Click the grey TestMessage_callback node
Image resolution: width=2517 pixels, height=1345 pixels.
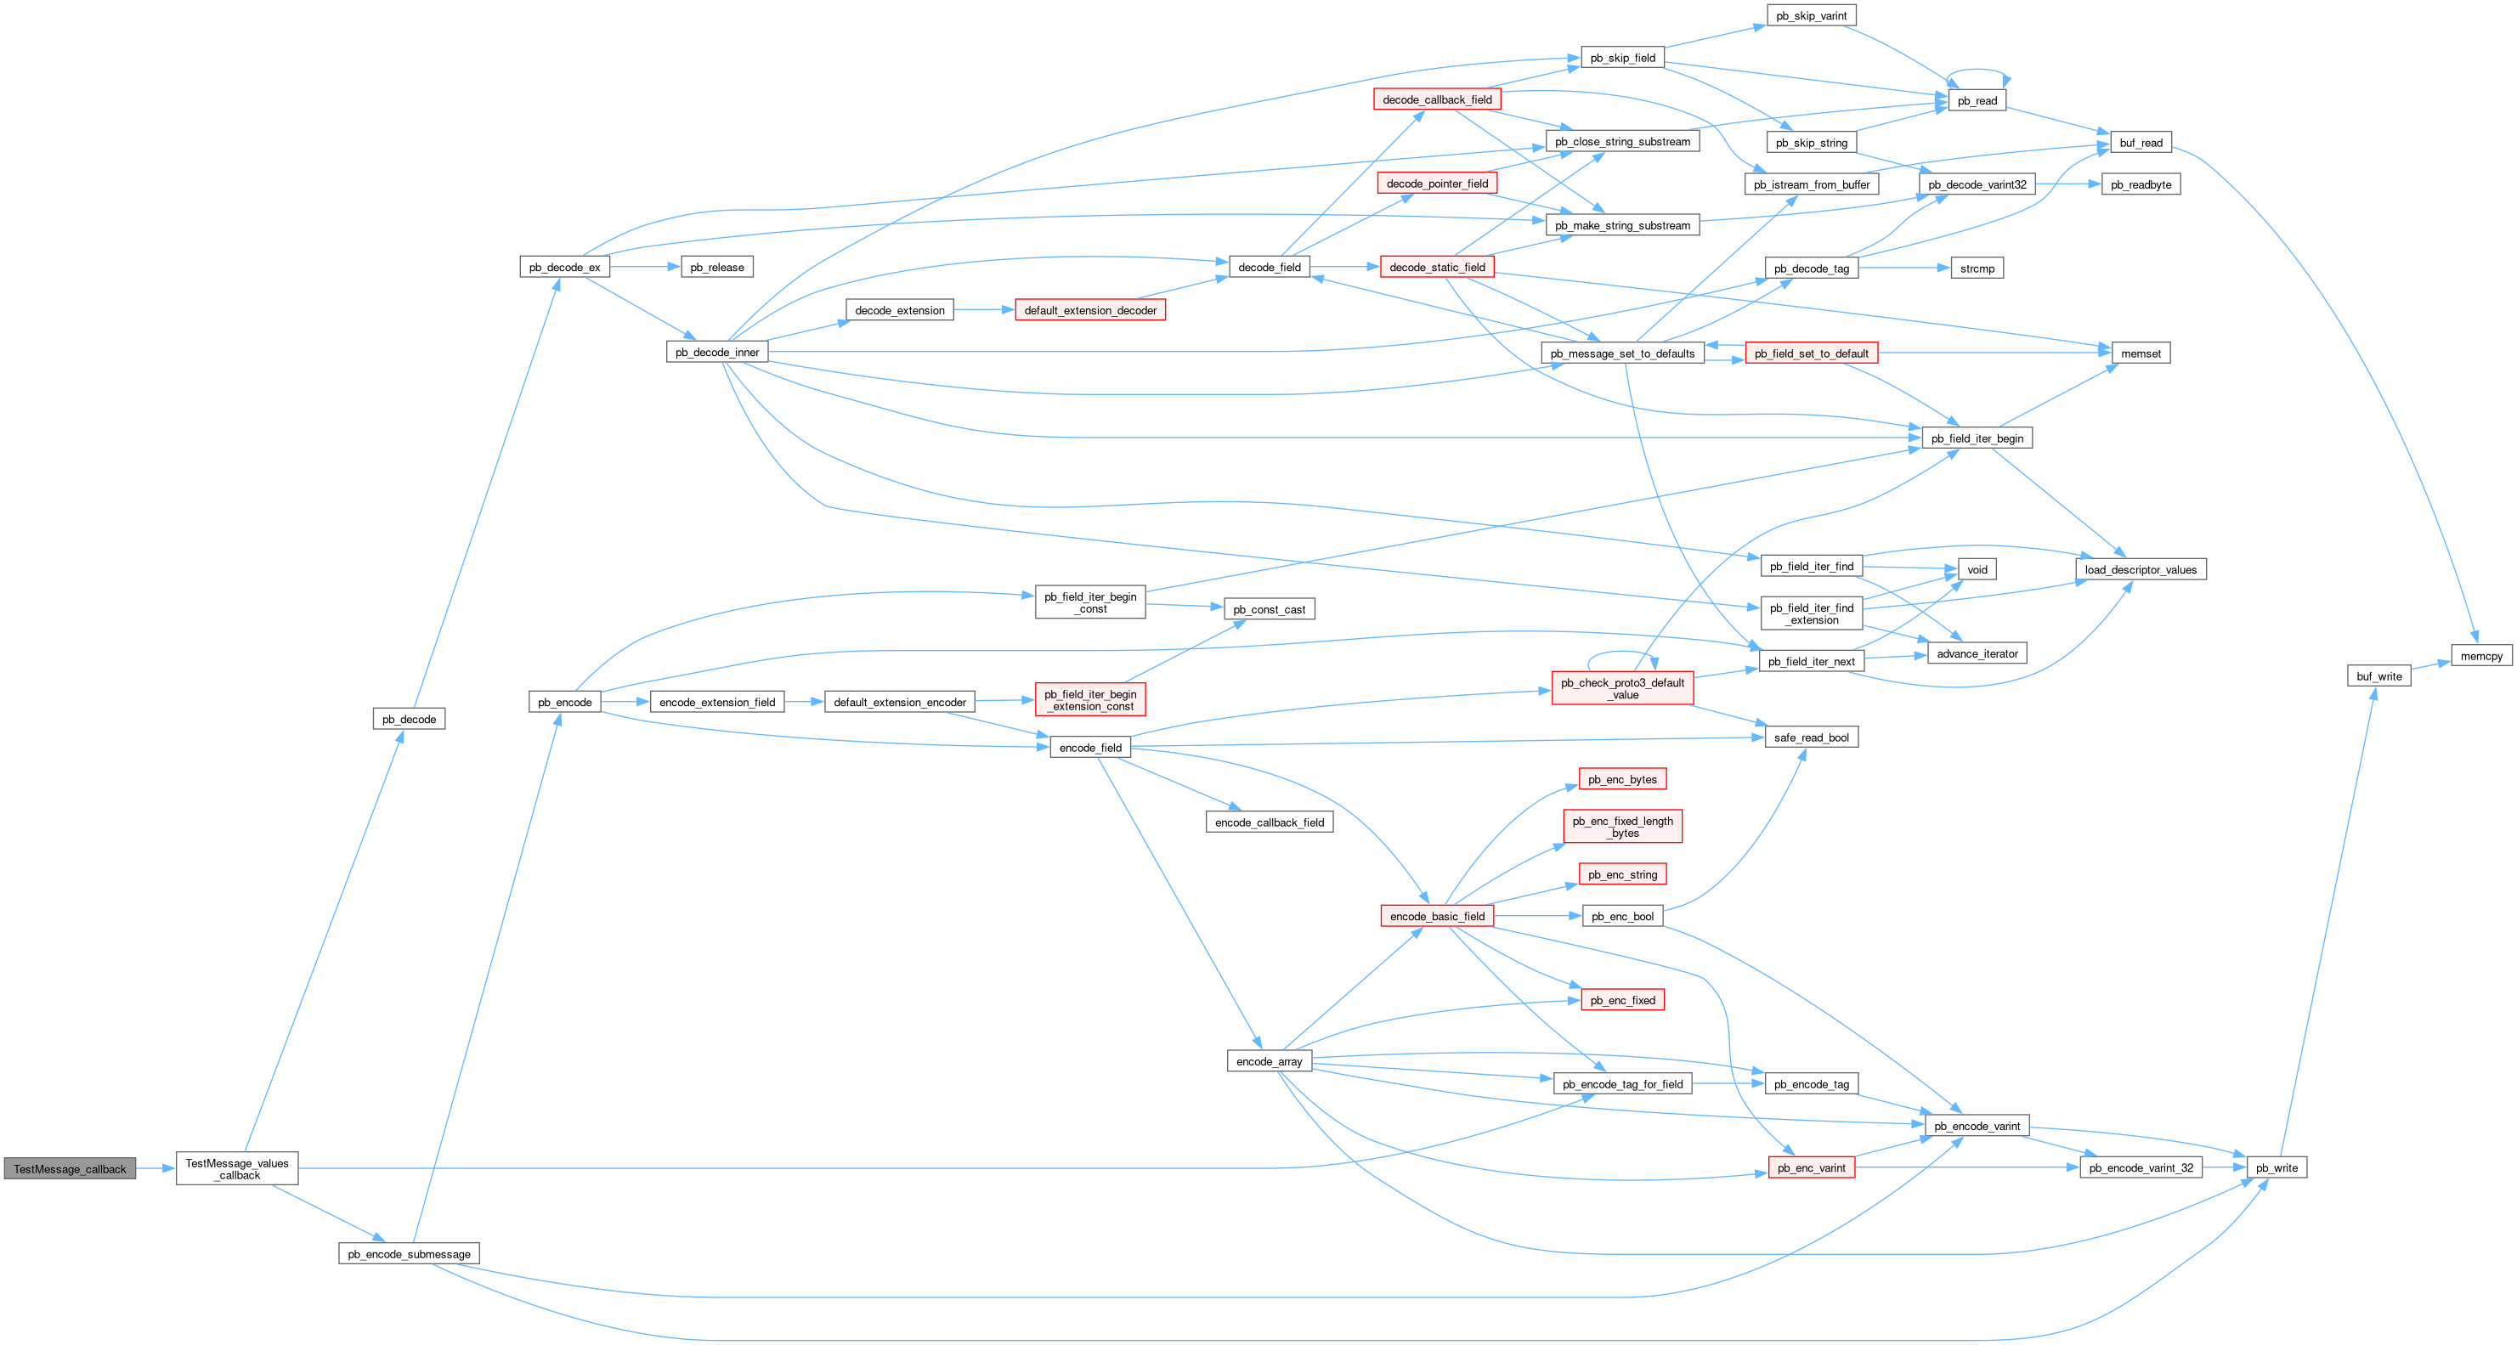point(70,1168)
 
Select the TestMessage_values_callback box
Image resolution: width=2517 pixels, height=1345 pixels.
point(236,1168)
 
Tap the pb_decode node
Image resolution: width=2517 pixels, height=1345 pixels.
point(409,719)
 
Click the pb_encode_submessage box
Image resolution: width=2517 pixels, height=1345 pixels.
point(409,1253)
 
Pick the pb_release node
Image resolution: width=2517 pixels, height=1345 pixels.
point(716,267)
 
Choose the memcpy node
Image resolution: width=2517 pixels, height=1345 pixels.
point(2480,655)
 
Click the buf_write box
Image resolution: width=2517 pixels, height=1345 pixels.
point(2378,676)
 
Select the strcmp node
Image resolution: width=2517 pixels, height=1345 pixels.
point(1977,268)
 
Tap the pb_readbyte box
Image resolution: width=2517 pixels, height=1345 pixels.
point(2140,184)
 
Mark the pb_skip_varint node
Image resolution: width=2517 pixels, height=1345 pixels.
point(1811,15)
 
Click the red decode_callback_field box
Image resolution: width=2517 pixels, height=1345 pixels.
point(1436,99)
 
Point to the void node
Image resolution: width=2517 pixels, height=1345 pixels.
point(1977,569)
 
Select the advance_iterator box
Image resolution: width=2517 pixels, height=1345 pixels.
point(1977,653)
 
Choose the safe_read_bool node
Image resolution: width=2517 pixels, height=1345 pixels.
point(1811,737)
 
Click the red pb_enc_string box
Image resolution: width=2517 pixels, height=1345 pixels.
point(1622,874)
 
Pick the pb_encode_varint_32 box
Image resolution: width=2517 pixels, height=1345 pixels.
point(2140,1167)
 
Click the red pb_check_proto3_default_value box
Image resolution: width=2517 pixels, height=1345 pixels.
point(1622,687)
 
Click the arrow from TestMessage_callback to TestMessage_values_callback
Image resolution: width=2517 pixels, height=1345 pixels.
point(156,1168)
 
